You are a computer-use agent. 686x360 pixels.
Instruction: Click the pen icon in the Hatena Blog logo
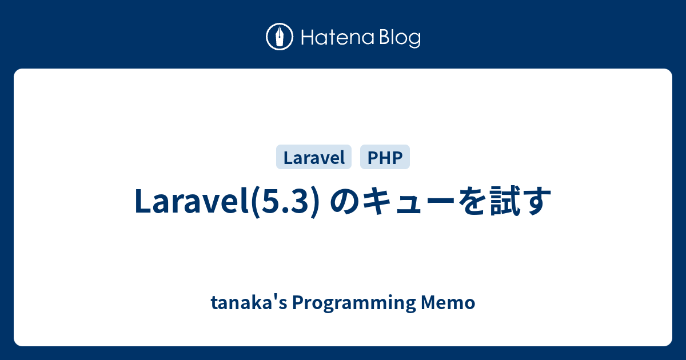(x=280, y=37)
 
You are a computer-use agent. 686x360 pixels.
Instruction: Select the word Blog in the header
(x=398, y=38)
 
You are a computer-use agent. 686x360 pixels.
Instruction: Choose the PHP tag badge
(x=385, y=157)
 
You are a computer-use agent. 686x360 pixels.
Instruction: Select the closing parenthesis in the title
(x=314, y=202)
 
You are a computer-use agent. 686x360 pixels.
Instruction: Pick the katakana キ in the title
(x=377, y=202)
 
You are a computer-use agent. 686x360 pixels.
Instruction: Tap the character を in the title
(x=473, y=202)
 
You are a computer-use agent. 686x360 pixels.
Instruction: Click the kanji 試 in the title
(x=506, y=202)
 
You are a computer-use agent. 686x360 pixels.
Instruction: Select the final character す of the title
(x=538, y=202)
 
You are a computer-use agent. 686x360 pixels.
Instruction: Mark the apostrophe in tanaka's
(x=274, y=298)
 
